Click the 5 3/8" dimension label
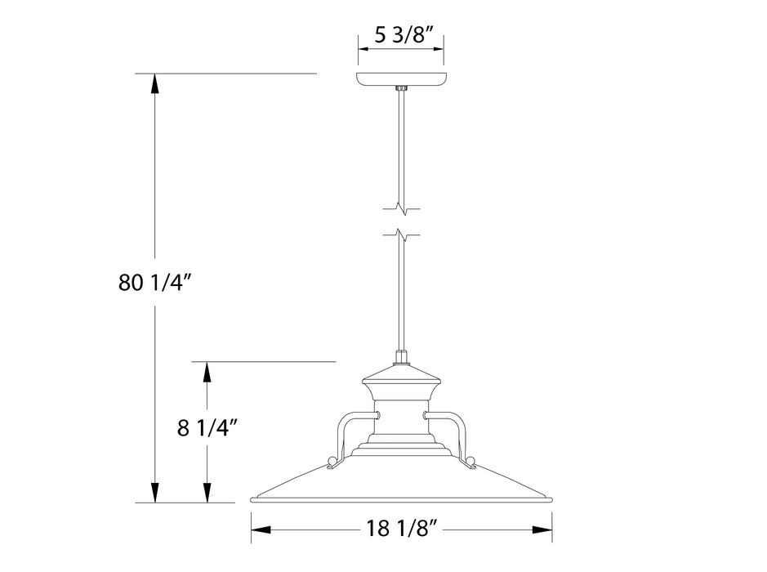400,35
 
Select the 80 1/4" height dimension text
154,284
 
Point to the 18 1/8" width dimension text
401,529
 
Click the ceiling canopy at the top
400,80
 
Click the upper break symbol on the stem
400,207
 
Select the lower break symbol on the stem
400,236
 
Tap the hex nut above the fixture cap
400,357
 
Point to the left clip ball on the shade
331,463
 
